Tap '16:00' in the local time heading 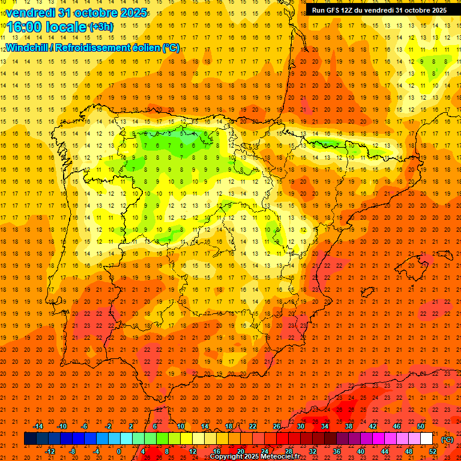(x=26, y=26)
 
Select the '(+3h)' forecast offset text (x=100, y=26)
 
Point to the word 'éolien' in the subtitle (x=144, y=47)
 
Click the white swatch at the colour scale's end (x=426, y=439)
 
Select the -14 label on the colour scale (x=38, y=426)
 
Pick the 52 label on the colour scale (x=433, y=451)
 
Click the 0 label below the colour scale (x=119, y=451)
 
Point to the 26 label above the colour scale (x=277, y=426)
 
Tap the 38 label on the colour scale (x=348, y=426)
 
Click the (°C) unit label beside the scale (x=447, y=439)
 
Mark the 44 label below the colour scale (x=385, y=451)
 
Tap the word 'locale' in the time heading (x=66, y=26)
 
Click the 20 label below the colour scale (x=240, y=451)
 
